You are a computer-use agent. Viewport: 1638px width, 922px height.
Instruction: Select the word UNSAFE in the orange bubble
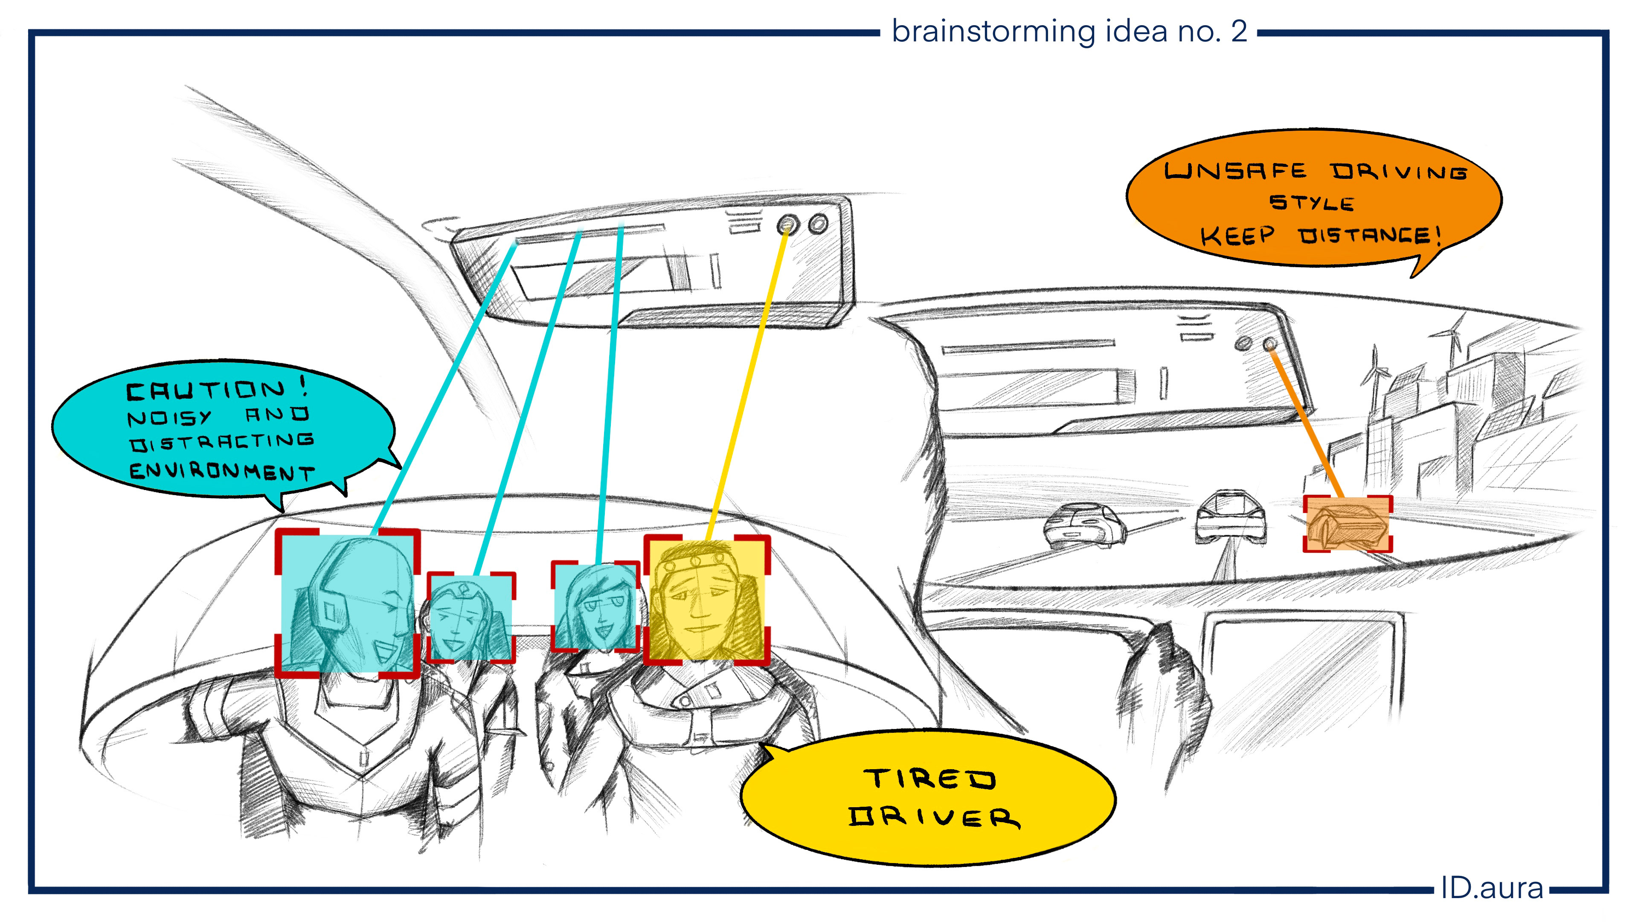point(1235,171)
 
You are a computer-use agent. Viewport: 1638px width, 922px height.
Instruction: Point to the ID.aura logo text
point(1491,888)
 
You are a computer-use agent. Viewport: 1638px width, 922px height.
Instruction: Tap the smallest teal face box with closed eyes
point(470,618)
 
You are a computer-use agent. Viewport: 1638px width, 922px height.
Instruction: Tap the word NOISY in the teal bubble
point(168,417)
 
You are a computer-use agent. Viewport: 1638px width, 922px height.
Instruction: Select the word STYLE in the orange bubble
point(1311,202)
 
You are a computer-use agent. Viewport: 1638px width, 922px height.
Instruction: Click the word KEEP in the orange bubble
point(1237,236)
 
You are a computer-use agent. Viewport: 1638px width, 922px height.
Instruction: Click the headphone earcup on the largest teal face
point(329,612)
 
